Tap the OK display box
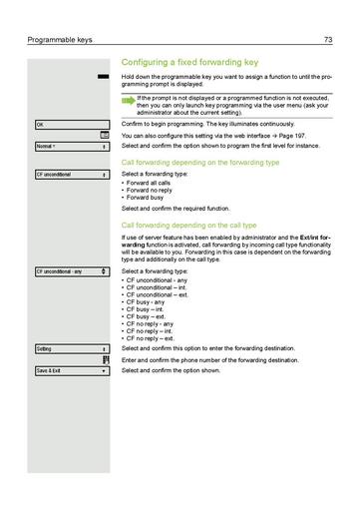(x=71, y=124)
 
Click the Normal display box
(x=71, y=146)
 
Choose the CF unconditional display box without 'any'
(x=71, y=174)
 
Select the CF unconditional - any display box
(x=71, y=271)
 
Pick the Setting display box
(x=71, y=348)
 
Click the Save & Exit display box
(x=71, y=370)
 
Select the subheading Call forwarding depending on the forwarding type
(x=206, y=161)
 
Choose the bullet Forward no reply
(x=152, y=192)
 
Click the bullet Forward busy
(x=148, y=200)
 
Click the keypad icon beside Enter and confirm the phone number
(x=104, y=359)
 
